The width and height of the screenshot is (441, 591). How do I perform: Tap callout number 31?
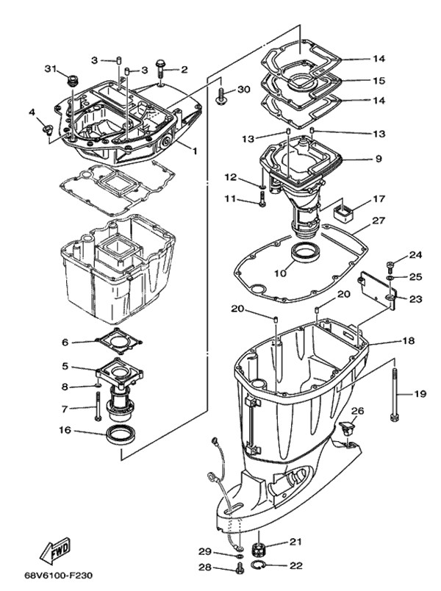click(50, 69)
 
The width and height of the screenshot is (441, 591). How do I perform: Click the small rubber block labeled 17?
click(343, 213)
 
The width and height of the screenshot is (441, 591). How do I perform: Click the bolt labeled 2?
click(161, 71)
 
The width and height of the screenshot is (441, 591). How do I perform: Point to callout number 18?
click(408, 340)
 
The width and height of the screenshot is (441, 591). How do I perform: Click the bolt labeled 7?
click(96, 404)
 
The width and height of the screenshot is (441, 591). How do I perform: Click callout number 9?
click(378, 158)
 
